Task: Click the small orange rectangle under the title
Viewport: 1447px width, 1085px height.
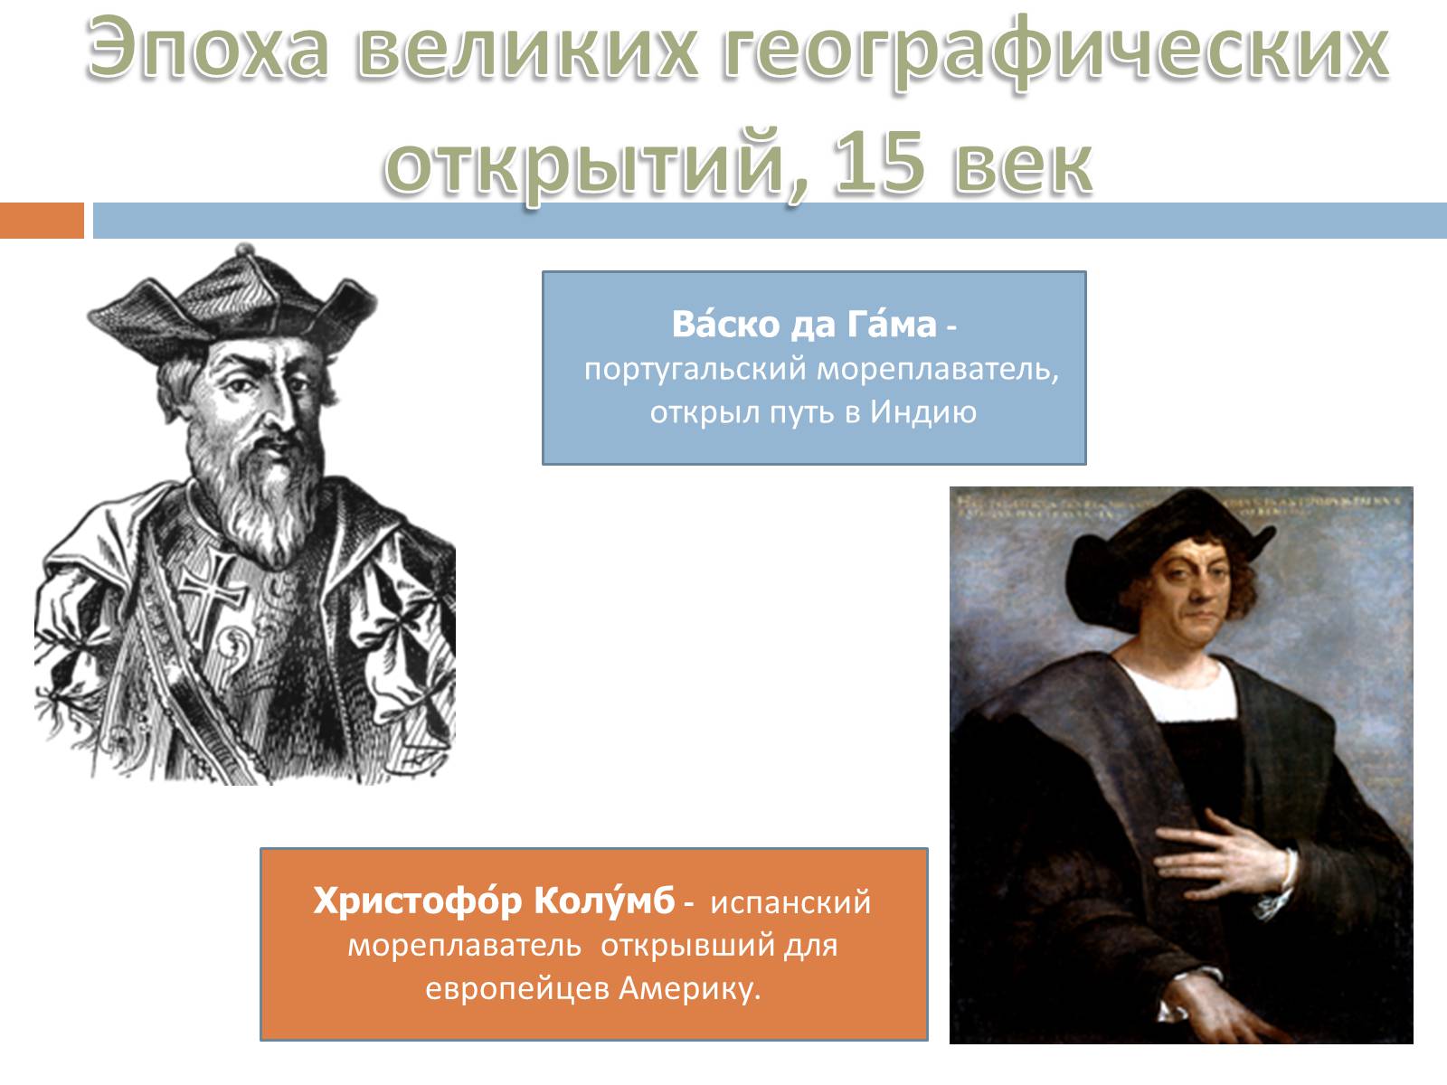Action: pyautogui.click(x=42, y=221)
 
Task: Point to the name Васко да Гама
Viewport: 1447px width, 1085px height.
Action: pyautogui.click(x=803, y=325)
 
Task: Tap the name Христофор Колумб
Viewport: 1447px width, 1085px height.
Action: pyautogui.click(x=494, y=902)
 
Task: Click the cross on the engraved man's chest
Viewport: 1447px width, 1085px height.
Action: pyautogui.click(x=213, y=587)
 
